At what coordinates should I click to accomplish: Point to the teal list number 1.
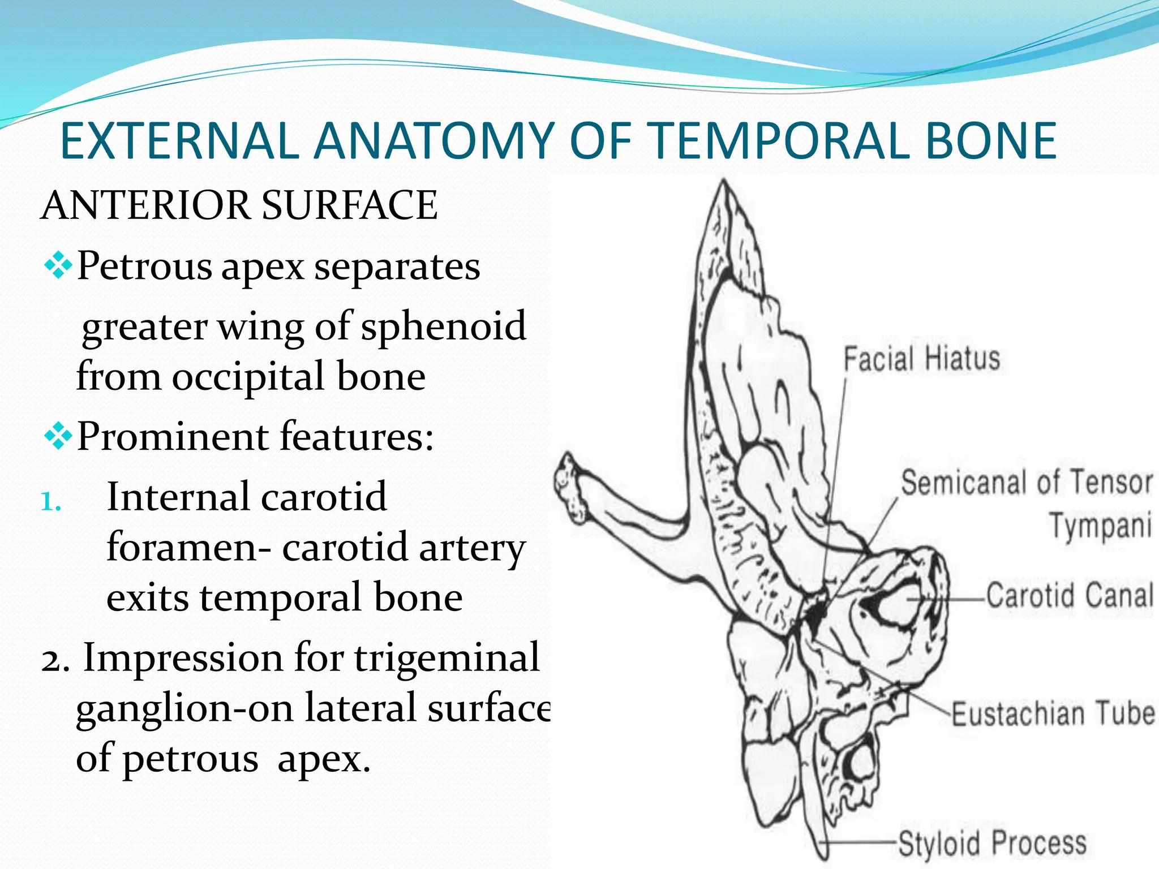51,501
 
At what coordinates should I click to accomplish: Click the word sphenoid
444,327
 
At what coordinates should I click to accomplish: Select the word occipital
248,377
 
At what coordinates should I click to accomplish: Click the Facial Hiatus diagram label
922,359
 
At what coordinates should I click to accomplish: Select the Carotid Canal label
1070,596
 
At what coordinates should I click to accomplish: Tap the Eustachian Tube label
1053,714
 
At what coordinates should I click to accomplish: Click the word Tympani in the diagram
1100,526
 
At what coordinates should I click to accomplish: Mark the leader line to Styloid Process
860,842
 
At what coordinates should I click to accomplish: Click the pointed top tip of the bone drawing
723,182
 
